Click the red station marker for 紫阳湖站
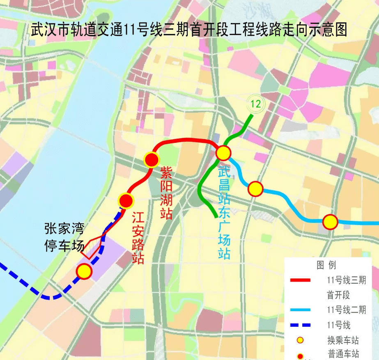(152, 160)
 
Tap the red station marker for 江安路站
(126, 201)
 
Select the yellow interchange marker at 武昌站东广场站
(223, 153)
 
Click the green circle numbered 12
(255, 104)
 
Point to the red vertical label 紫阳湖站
(166, 193)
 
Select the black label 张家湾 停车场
(64, 237)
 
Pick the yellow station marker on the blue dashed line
(84, 271)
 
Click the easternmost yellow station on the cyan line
(330, 222)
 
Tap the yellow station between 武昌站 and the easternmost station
(255, 189)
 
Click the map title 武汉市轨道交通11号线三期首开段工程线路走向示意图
(189, 30)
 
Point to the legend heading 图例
(326, 265)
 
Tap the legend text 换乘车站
(343, 340)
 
